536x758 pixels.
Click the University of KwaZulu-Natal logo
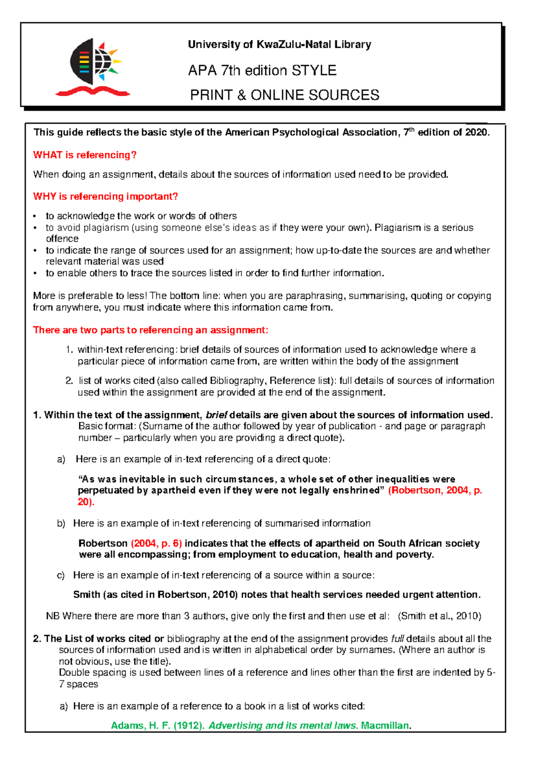click(x=93, y=67)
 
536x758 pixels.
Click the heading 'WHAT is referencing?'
click(x=84, y=155)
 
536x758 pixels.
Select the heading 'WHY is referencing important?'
click(x=105, y=197)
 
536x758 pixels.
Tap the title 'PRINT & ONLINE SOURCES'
click(x=285, y=95)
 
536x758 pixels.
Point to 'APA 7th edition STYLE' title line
click(x=262, y=71)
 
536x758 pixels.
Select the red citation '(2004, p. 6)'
click(x=156, y=543)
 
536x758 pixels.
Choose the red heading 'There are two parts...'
click(x=151, y=330)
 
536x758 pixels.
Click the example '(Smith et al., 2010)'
click(x=440, y=616)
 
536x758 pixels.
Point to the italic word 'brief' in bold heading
click(x=216, y=415)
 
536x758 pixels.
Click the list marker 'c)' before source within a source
click(x=61, y=575)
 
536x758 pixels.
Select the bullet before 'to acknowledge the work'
click(x=35, y=217)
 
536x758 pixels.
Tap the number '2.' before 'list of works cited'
click(x=69, y=381)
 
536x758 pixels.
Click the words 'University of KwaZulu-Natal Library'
click(x=279, y=45)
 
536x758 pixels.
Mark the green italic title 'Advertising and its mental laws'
click(x=283, y=725)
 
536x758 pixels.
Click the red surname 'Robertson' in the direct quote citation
click(x=415, y=491)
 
